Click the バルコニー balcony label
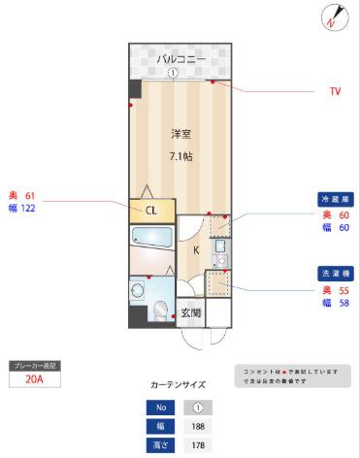click(181, 59)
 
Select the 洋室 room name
click(181, 133)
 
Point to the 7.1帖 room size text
click(181, 155)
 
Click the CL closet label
click(152, 209)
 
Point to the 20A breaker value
click(34, 380)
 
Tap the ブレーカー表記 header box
click(34, 366)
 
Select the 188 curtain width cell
click(197, 427)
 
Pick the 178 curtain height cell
click(197, 445)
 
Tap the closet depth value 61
click(29, 195)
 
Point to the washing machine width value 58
click(344, 303)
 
